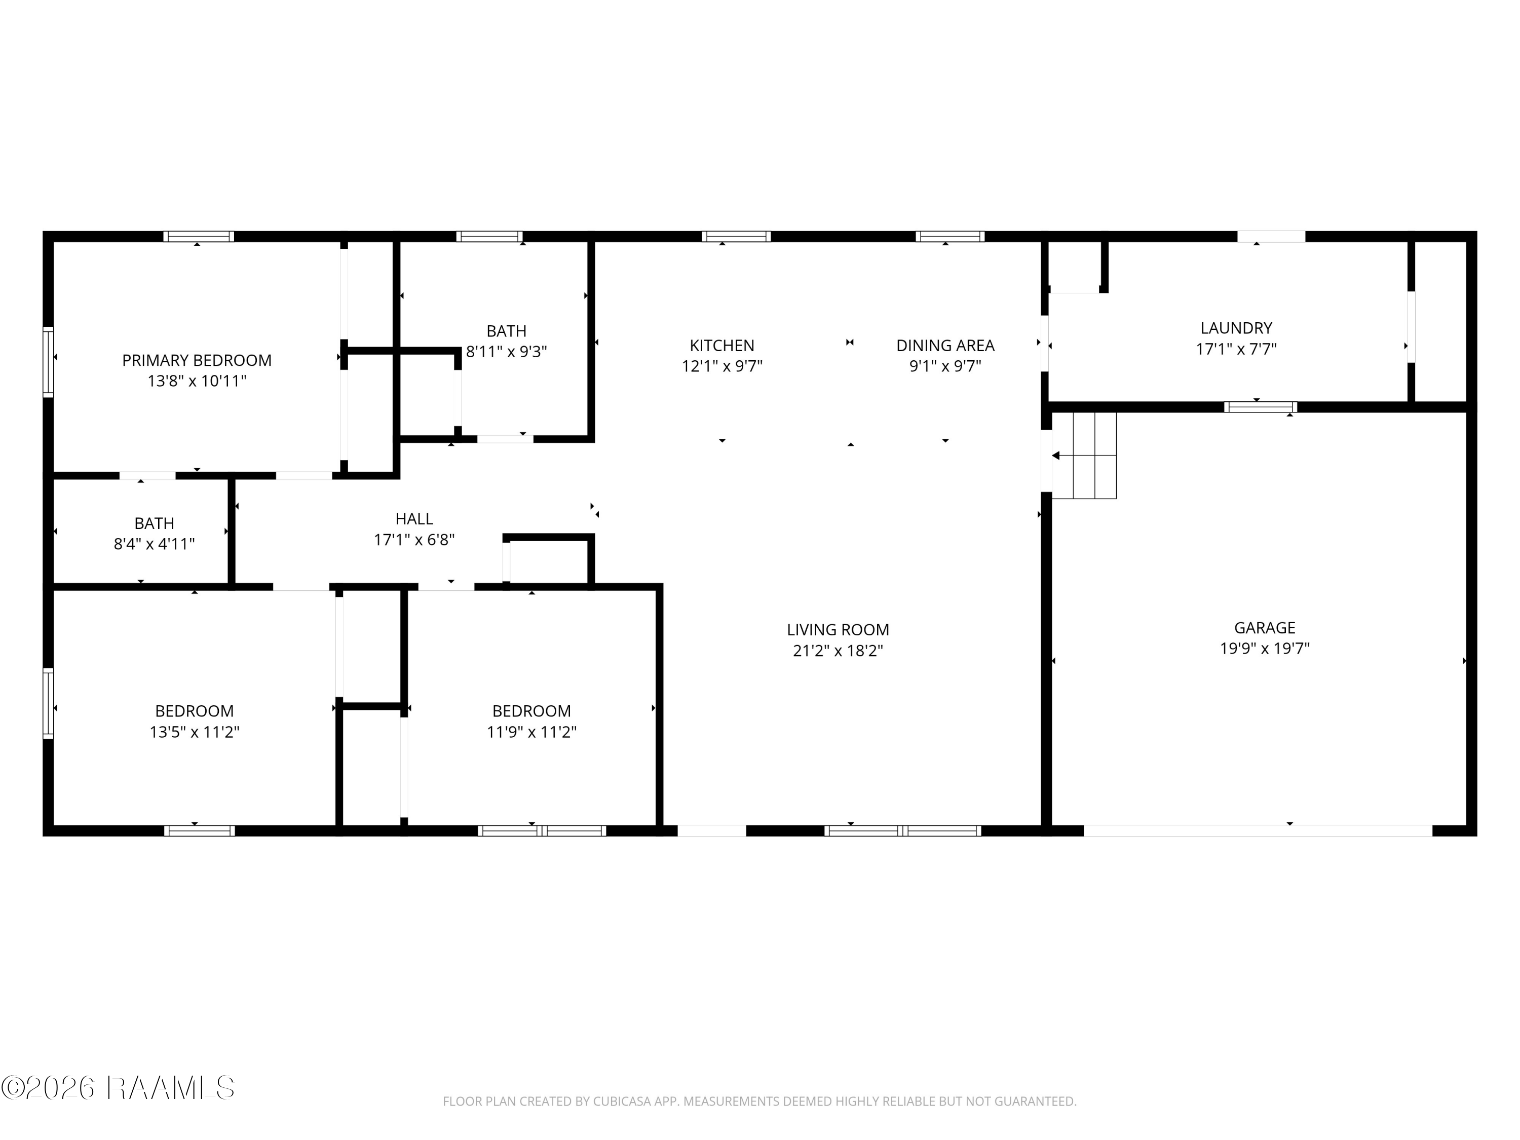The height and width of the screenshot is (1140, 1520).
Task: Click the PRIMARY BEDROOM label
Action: tap(197, 360)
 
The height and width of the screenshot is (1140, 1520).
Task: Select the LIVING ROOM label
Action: tap(838, 629)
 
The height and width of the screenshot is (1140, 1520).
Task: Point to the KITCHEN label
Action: tap(721, 345)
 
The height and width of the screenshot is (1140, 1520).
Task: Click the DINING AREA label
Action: tap(945, 345)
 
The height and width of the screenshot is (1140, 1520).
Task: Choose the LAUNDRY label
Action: tap(1236, 328)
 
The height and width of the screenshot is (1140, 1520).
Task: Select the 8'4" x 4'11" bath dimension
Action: tap(154, 544)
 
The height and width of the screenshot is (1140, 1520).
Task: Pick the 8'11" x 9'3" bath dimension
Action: tap(507, 352)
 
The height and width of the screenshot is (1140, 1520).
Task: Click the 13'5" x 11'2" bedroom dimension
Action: tap(195, 732)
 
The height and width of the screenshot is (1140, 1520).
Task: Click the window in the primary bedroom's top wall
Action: tap(199, 237)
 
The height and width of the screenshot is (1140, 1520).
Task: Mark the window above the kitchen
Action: tap(736, 237)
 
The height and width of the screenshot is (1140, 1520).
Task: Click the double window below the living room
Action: tap(902, 830)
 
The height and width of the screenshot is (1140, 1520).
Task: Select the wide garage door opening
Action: tap(1258, 830)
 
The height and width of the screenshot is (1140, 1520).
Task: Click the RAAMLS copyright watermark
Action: tap(118, 1088)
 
